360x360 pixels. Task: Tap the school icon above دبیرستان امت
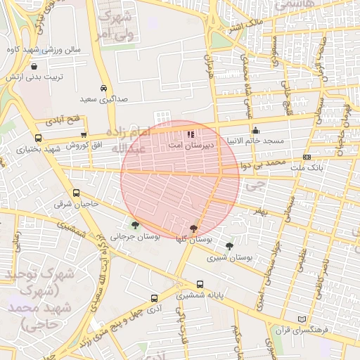tap(190, 134)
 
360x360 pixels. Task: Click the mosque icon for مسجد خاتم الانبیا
tap(255, 130)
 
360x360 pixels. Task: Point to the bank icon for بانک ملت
tap(307, 157)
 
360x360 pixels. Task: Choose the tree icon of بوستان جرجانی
tap(135, 226)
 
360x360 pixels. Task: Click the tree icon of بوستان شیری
tap(230, 246)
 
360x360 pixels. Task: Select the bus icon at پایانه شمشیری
tap(201, 285)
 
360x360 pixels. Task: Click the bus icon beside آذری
tap(154, 297)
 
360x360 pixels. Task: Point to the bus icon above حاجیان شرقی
tap(76, 193)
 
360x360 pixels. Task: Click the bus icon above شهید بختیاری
tap(37, 138)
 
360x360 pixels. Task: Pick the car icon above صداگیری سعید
tap(104, 89)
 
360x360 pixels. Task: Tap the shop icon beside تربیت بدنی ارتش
tap(34, 66)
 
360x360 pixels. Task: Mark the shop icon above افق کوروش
tap(84, 135)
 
